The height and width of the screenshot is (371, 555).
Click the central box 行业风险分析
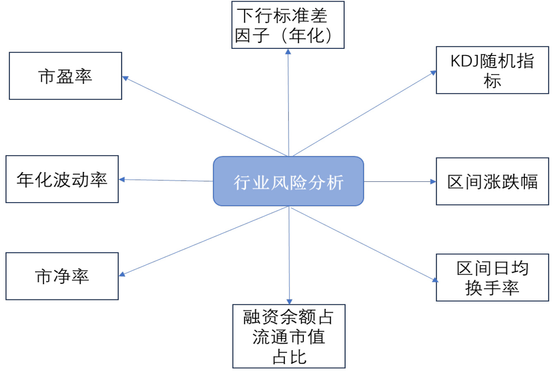point(288,181)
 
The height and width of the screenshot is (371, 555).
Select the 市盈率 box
point(65,76)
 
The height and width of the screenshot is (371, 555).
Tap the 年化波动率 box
point(62,180)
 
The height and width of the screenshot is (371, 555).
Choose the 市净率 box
point(62,276)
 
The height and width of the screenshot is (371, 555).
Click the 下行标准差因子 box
point(288,25)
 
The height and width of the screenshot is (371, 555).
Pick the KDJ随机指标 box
point(492,70)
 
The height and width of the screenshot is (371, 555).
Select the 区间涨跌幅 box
point(492,182)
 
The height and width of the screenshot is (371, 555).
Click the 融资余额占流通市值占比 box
point(288,336)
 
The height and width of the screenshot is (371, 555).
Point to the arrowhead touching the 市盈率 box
point(125,78)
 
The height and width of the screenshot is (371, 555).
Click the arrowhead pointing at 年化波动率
point(122,180)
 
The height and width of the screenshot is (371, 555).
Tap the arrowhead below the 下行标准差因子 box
point(288,52)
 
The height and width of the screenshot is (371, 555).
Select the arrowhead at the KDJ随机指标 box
point(433,73)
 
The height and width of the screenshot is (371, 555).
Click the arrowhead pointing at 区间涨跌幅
point(433,182)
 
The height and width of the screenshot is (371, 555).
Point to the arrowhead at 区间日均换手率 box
point(435,280)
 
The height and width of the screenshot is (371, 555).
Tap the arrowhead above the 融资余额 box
point(289,302)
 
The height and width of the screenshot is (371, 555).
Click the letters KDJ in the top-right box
point(464,61)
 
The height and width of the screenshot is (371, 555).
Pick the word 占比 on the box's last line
point(289,357)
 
